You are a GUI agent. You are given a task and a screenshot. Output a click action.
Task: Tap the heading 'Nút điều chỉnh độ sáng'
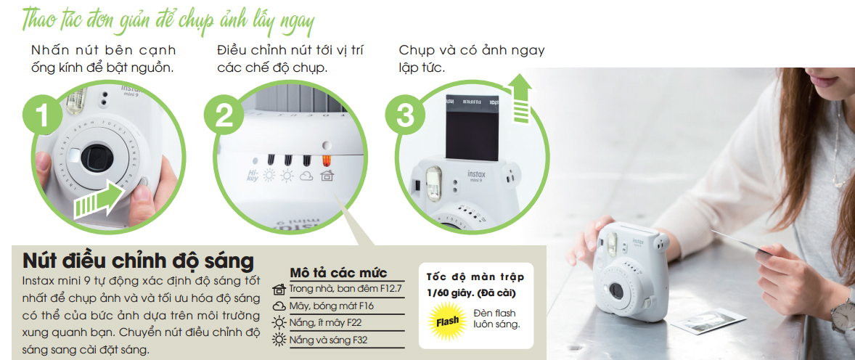[138, 261]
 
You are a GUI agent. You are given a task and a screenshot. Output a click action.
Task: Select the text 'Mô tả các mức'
[339, 273]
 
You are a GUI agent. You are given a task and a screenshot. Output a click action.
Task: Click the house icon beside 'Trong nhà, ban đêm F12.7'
[279, 289]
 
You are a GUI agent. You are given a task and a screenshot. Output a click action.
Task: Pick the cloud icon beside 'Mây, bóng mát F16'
[279, 306]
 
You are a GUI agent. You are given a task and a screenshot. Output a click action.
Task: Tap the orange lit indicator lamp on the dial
[327, 161]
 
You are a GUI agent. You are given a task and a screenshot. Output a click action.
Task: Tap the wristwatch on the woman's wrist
[843, 314]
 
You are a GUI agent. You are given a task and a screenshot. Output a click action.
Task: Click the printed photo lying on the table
[708, 321]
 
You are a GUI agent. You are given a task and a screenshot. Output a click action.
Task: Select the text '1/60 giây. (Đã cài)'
[471, 293]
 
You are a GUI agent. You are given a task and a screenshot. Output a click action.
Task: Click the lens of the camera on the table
[616, 290]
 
